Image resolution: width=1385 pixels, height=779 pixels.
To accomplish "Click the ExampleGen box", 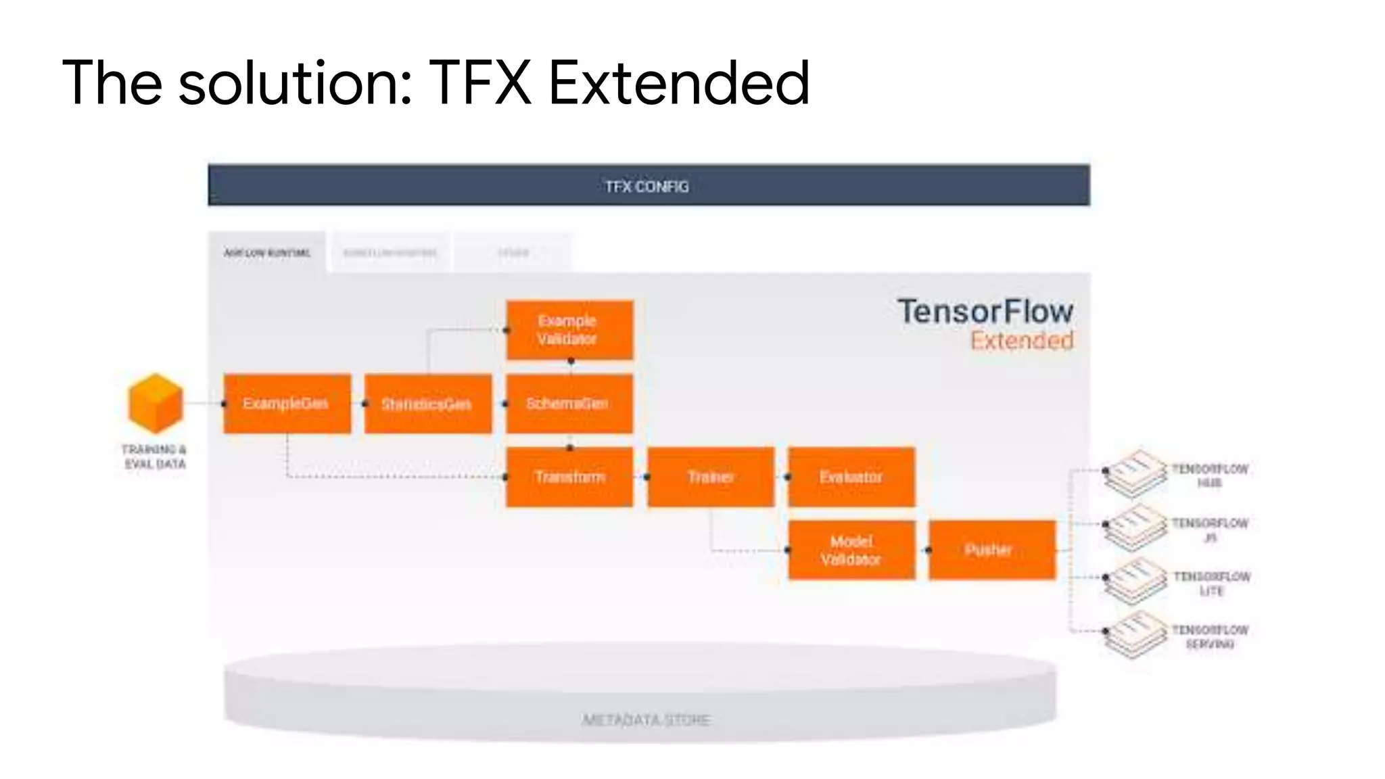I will point(287,404).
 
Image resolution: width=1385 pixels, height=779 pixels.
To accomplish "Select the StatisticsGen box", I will point(428,404).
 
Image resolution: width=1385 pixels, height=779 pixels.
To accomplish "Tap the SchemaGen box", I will point(569,404).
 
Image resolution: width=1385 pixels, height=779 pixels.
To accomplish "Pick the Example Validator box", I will point(569,330).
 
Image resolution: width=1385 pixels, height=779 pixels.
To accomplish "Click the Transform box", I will point(569,477).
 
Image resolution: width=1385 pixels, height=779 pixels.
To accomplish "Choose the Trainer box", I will point(711,477).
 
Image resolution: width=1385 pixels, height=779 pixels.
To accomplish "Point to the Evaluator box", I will point(851,477).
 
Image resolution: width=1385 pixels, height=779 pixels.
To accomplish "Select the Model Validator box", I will point(851,550).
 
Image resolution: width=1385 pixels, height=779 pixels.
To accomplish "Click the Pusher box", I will point(992,550).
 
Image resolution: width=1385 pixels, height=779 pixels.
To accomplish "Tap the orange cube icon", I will point(156,403).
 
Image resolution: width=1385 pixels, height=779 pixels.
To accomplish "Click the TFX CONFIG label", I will point(647,187).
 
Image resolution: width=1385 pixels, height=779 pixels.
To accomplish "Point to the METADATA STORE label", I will point(647,719).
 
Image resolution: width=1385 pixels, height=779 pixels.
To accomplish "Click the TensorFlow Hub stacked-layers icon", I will point(1136,473).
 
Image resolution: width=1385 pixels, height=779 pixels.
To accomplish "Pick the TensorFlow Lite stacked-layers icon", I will point(1136,580).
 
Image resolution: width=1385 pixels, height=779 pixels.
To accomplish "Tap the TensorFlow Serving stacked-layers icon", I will point(1136,634).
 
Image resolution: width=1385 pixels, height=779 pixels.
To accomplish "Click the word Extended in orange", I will point(1022,341).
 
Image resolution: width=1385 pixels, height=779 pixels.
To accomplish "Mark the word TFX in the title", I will point(480,83).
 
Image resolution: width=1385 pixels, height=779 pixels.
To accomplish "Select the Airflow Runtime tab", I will point(267,253).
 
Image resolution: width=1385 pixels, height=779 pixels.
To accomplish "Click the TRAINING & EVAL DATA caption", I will point(154,456).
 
